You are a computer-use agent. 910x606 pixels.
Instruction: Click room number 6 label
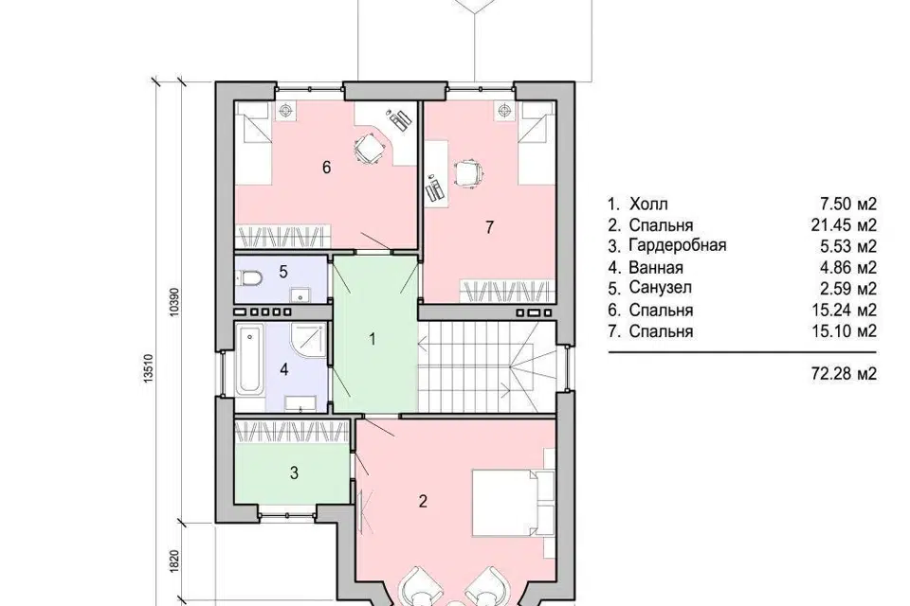[x=326, y=168]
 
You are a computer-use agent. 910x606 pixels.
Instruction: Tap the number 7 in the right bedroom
[x=489, y=227]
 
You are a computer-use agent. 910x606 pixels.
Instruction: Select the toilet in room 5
[x=249, y=279]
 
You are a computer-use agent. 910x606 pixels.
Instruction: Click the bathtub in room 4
[x=250, y=360]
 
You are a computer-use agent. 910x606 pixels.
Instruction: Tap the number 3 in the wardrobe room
[x=294, y=473]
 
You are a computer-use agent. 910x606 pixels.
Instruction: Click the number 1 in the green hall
[x=373, y=339]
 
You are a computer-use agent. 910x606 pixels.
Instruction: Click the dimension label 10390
[x=174, y=302]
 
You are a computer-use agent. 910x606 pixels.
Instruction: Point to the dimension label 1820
[x=174, y=561]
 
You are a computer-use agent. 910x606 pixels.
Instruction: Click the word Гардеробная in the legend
[x=677, y=245]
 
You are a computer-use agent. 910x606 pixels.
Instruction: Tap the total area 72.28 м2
[x=844, y=373]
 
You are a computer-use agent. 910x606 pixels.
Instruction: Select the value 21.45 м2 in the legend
[x=844, y=224]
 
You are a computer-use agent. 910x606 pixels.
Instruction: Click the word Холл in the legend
[x=648, y=205]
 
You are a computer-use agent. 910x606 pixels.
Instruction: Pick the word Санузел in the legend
[x=661, y=288]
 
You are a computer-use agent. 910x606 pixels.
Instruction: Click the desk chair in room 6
[x=370, y=149]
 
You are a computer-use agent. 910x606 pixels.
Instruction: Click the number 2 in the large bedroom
[x=423, y=501]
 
